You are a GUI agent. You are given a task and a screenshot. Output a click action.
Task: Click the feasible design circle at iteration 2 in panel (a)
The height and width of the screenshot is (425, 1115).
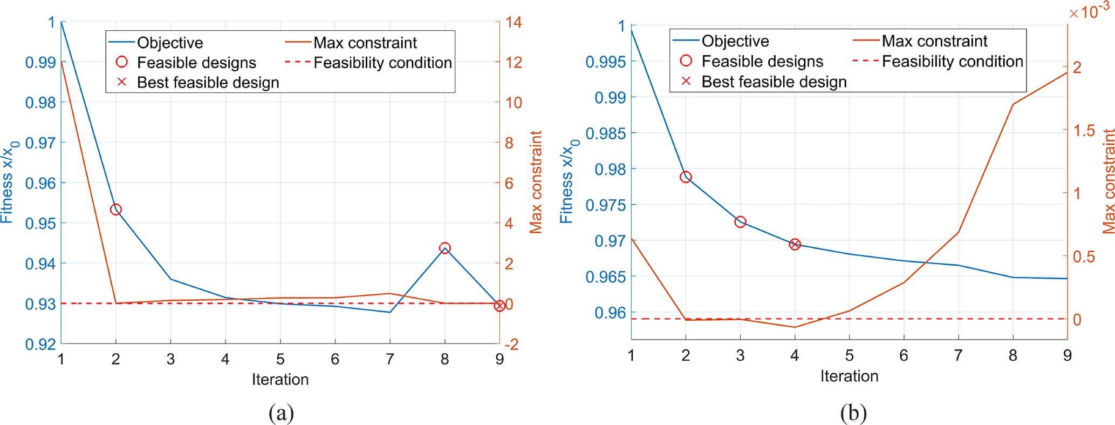pos(115,210)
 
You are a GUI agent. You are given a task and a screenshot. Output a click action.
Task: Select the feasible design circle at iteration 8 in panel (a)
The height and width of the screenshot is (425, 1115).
pos(444,248)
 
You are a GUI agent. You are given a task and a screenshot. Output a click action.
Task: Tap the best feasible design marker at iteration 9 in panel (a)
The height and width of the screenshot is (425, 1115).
pos(500,306)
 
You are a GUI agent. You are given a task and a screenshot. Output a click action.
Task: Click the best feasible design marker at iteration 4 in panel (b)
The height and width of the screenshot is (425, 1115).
pos(795,245)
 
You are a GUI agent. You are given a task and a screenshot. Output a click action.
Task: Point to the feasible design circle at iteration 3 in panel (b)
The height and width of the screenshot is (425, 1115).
pos(740,222)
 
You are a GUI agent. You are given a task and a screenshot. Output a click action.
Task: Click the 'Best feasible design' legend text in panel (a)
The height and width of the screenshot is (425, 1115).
pos(208,83)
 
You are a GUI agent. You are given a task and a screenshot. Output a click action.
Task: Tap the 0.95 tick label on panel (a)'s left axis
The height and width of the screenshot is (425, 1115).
pos(40,223)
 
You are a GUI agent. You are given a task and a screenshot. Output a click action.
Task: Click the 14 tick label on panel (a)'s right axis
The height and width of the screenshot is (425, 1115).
pos(514,22)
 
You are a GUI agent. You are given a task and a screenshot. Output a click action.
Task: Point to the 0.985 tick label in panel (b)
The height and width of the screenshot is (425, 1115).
pos(606,133)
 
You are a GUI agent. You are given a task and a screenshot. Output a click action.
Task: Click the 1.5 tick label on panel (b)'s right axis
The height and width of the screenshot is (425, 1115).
pos(1084,130)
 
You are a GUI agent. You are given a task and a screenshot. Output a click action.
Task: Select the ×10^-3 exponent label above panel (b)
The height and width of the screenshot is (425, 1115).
pos(1089,11)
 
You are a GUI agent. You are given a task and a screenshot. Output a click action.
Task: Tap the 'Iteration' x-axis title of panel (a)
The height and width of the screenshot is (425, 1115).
pos(280,380)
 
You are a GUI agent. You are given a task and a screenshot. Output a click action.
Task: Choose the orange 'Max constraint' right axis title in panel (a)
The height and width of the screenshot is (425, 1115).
pos(536,182)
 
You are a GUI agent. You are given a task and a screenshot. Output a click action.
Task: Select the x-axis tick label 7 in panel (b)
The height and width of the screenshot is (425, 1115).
pos(958,355)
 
